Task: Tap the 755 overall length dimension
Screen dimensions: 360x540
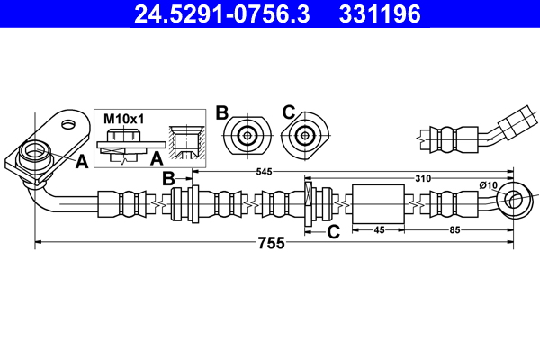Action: coord(271,243)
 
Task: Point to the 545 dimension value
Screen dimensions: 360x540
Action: coord(265,171)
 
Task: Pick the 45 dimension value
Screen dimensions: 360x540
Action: coord(379,230)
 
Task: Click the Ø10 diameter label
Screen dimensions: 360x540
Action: coord(488,184)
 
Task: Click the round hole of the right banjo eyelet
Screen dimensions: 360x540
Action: coord(517,200)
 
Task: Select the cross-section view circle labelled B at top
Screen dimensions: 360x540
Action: coord(246,137)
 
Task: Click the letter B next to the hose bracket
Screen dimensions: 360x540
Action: coord(167,179)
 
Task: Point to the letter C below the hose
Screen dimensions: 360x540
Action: coord(332,231)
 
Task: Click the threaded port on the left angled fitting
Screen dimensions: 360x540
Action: coord(37,150)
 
